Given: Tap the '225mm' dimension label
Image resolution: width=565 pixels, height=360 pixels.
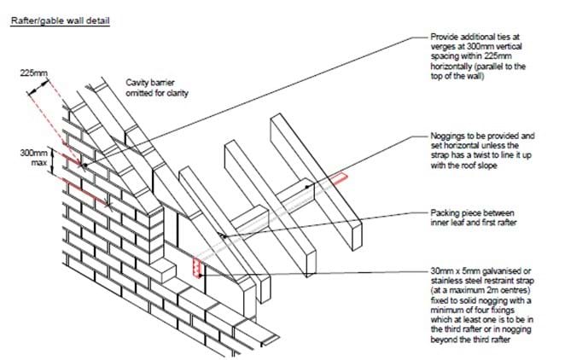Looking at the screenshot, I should coord(35,73).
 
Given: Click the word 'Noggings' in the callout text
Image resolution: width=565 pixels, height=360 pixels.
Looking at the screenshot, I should coord(450,136).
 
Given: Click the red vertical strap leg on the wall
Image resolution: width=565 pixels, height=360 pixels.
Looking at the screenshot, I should coord(196,266).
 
